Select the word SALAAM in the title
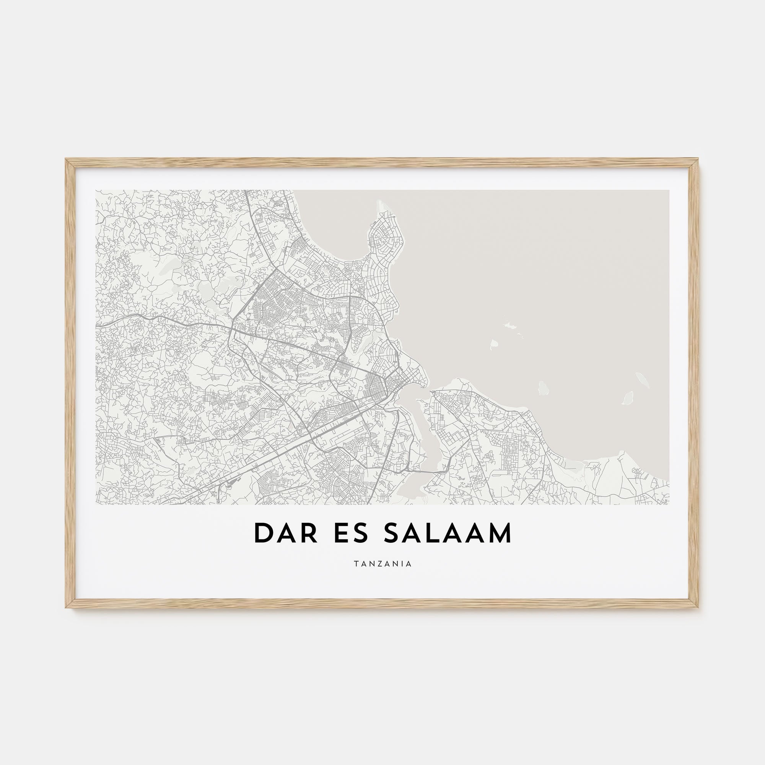pos(447,533)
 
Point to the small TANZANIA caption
pos(383,564)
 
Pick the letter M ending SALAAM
pos(500,533)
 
